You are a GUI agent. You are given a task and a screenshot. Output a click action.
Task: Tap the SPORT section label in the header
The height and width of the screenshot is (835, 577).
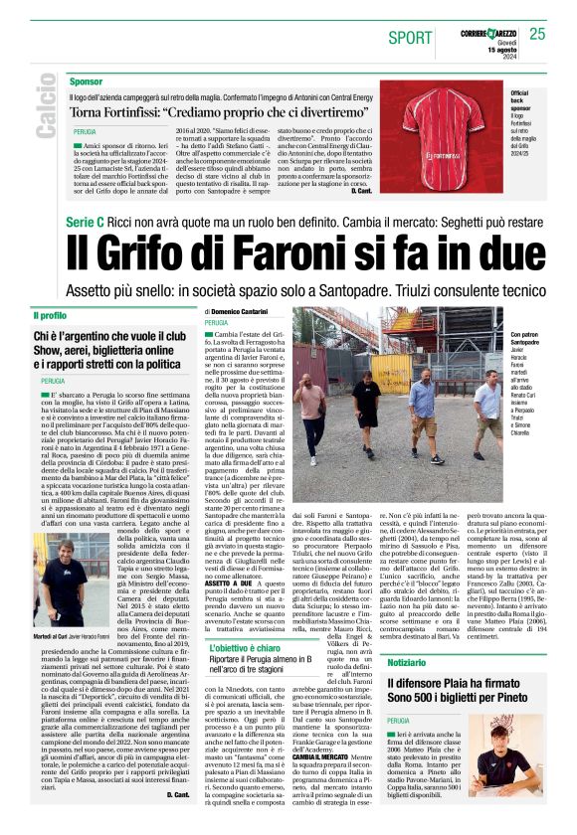pos(410,38)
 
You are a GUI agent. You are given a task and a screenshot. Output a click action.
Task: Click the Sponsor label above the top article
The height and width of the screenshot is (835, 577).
pos(87,82)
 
